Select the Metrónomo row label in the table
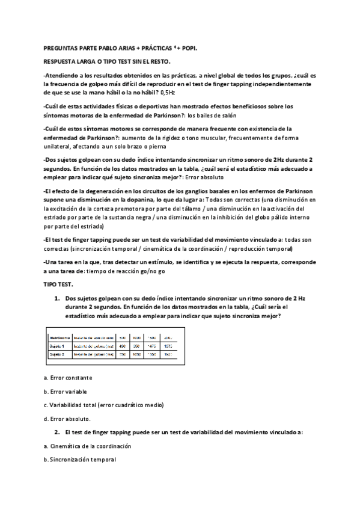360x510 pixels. tap(59, 337)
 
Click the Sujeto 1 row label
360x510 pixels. tap(58, 346)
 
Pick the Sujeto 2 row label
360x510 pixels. tap(58, 355)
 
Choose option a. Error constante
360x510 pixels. tap(72, 378)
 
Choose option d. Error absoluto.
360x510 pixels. tap(68, 419)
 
